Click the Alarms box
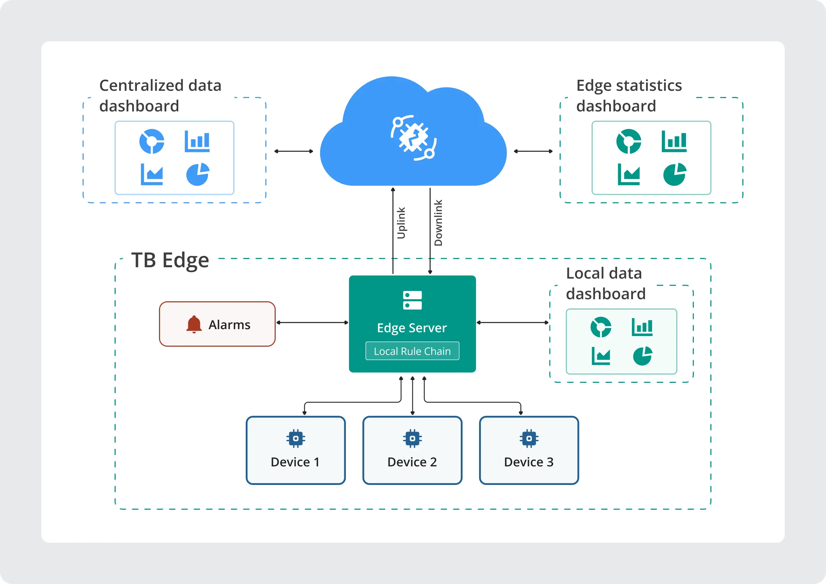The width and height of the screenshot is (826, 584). (x=217, y=324)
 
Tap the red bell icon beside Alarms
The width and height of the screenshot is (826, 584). (x=194, y=324)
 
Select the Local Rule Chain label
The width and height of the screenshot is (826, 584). (x=412, y=351)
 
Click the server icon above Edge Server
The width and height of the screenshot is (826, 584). (x=412, y=300)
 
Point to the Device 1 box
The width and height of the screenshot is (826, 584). (x=295, y=450)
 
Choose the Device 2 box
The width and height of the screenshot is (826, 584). (x=412, y=450)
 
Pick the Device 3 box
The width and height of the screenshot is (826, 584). (x=529, y=450)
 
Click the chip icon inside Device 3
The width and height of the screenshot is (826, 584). (x=529, y=439)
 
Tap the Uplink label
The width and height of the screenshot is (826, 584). (x=401, y=223)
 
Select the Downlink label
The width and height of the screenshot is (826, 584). (x=438, y=223)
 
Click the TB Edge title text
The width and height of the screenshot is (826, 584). (x=170, y=260)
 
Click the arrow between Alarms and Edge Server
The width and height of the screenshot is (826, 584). (x=312, y=323)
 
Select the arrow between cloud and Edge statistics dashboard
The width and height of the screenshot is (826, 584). (x=533, y=151)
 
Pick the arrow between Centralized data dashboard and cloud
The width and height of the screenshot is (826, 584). (x=294, y=151)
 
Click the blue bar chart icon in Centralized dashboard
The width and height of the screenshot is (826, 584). (x=197, y=141)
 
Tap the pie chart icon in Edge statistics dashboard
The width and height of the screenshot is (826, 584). (x=675, y=174)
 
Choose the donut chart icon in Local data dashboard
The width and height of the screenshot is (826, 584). (x=601, y=327)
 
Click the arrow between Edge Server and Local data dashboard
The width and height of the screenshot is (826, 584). (x=512, y=323)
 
